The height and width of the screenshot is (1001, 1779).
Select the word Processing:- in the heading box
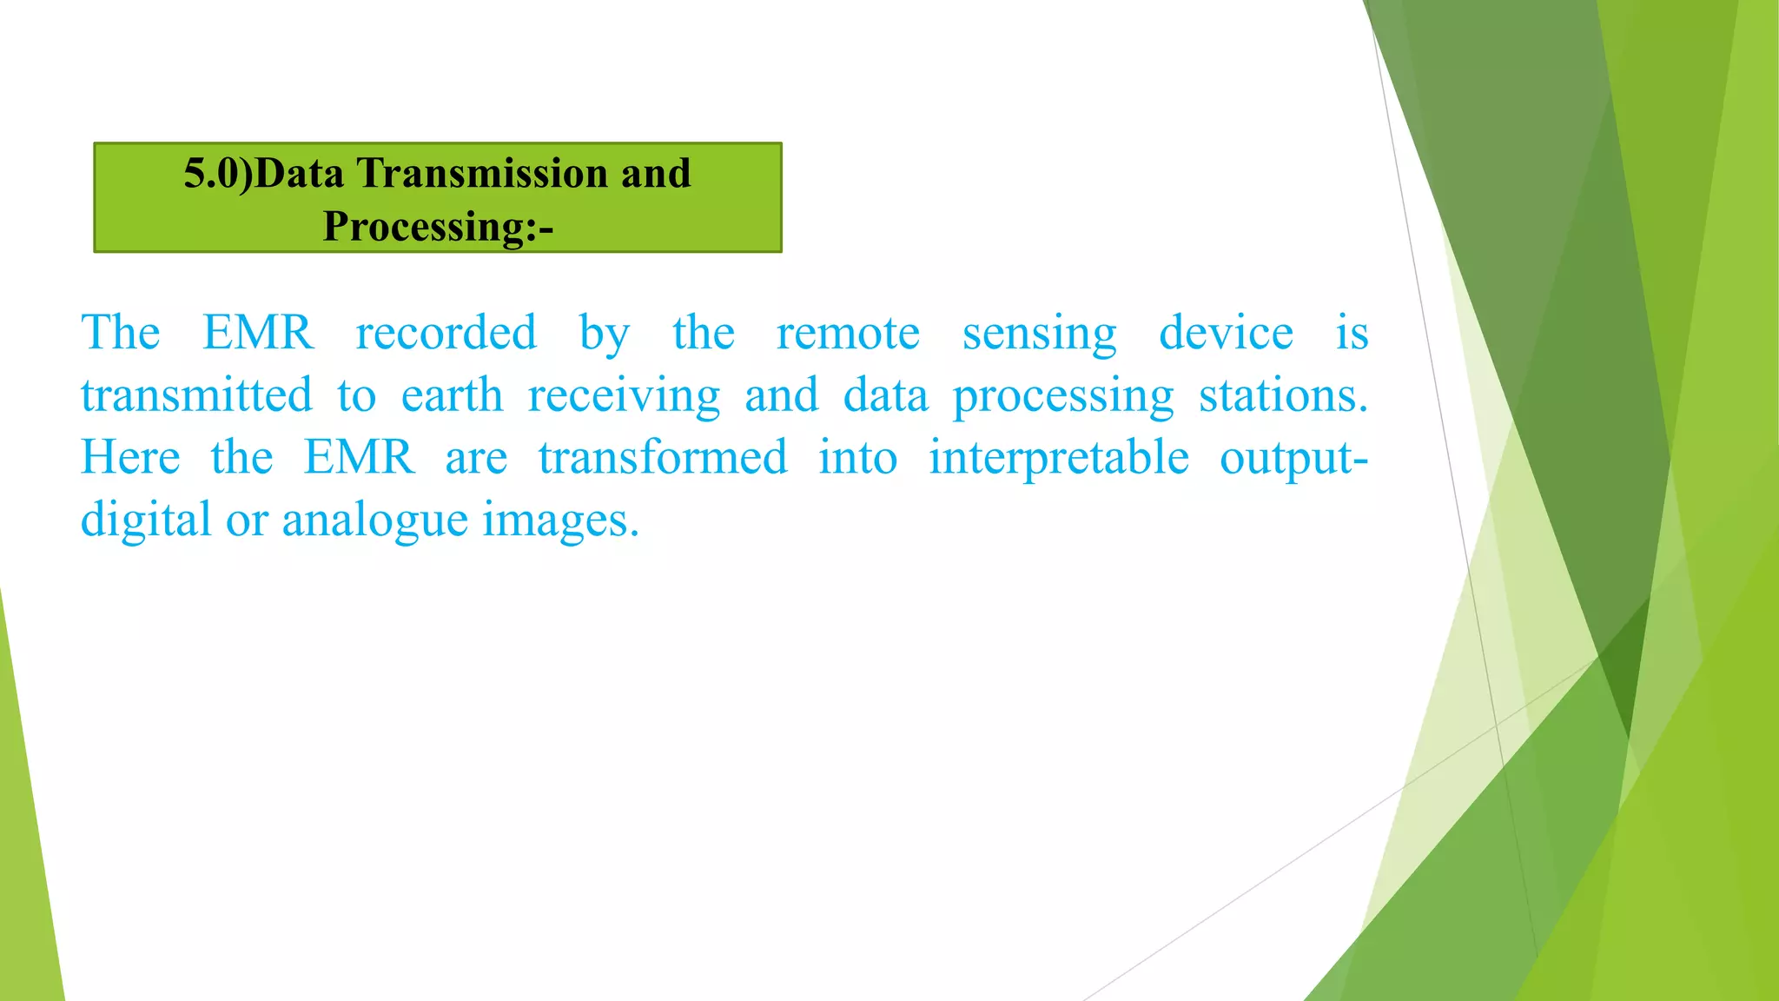coord(438,226)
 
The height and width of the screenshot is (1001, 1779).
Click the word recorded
coord(446,333)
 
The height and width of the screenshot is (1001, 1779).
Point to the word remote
coord(848,333)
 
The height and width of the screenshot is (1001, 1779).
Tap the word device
coord(1226,333)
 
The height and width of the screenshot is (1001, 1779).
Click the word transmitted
coord(196,395)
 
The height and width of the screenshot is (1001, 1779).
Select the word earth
coord(452,395)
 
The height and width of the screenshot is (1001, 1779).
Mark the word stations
coord(1283,395)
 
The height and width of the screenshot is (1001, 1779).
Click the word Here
coord(130,457)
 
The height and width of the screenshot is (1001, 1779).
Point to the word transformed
coord(663,457)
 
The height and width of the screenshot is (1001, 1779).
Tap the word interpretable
coord(1059,459)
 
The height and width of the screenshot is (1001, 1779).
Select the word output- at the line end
coord(1293,459)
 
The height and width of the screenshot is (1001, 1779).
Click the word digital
coord(146,520)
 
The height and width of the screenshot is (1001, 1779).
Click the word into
coord(857,457)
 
